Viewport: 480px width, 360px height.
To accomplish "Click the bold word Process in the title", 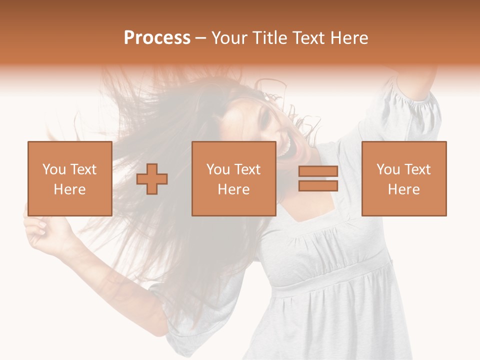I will (x=157, y=38).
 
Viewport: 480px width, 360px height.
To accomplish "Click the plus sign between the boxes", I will (x=152, y=178).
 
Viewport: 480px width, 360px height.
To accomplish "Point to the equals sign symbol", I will (x=318, y=178).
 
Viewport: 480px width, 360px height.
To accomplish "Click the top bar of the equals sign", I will (x=318, y=171).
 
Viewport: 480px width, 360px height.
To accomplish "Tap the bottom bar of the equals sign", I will (x=318, y=186).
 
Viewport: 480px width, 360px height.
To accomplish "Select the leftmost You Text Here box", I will (x=69, y=178).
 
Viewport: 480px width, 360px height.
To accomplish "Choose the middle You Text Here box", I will (x=233, y=178).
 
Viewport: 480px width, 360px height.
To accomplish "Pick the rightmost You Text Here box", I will (x=403, y=178).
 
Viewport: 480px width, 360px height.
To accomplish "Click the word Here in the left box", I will (x=69, y=189).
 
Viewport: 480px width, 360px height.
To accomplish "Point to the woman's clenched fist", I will (x=40, y=232).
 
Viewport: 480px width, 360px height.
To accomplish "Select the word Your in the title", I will (x=229, y=38).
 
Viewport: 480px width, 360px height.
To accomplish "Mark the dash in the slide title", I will (x=200, y=38).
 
